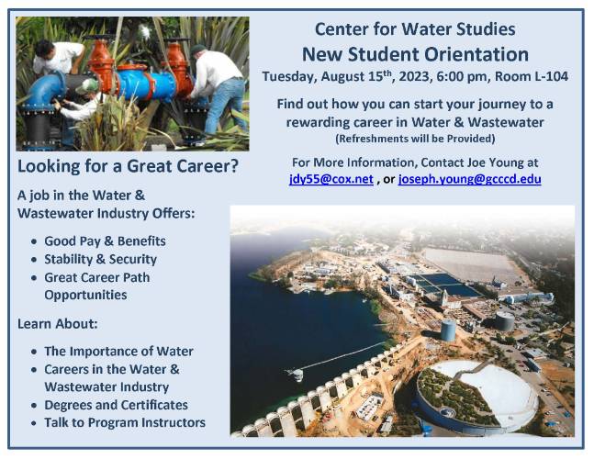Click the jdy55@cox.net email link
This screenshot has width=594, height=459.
click(x=331, y=179)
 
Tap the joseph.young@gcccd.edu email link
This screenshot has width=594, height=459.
click(x=470, y=179)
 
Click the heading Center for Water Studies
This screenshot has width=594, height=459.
click(x=415, y=29)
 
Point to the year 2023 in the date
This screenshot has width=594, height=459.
click(x=412, y=76)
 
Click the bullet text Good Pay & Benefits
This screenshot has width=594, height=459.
click(x=105, y=241)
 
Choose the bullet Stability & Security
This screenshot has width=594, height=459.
click(x=100, y=260)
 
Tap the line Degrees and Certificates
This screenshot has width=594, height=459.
click(x=116, y=405)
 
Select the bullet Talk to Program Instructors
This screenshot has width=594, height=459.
click(x=125, y=422)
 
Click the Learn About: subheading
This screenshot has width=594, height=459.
click(x=58, y=324)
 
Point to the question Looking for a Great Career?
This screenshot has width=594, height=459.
click(x=128, y=166)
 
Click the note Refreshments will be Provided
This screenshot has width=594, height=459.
click(x=415, y=139)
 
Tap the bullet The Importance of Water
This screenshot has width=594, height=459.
click(x=118, y=351)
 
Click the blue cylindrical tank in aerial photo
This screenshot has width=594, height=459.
click(x=448, y=330)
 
